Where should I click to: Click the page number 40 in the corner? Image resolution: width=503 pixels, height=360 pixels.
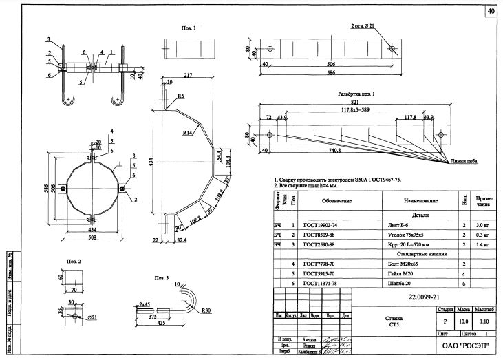coord(490,12)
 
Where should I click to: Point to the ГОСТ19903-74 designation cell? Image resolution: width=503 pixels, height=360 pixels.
coord(320,224)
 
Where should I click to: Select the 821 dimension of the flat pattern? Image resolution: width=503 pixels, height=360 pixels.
coord(353,102)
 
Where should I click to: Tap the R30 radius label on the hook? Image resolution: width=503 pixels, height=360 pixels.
coord(206,310)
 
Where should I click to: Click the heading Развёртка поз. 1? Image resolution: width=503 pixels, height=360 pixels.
coord(356,93)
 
